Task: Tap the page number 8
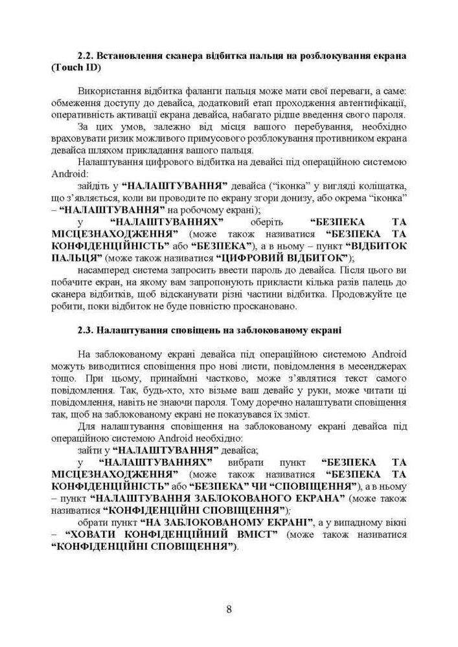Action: tap(229, 608)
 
